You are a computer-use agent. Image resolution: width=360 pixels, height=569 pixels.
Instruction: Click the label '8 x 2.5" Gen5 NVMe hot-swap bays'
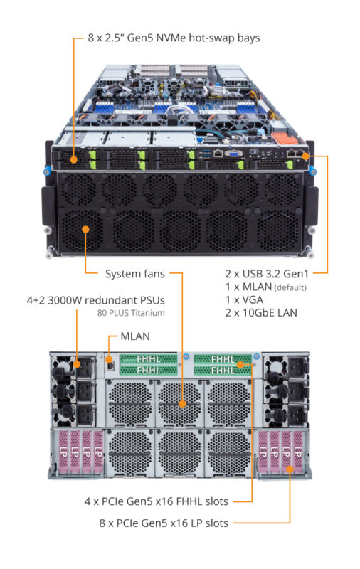(x=173, y=37)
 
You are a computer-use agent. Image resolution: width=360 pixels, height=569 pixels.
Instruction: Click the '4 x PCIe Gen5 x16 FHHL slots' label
(x=154, y=501)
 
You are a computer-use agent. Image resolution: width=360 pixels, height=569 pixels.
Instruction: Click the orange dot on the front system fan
(x=85, y=229)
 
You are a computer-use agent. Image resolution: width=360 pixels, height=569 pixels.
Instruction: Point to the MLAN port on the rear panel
(x=110, y=364)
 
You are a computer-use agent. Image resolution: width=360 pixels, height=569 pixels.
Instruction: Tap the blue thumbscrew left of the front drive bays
(x=46, y=171)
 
